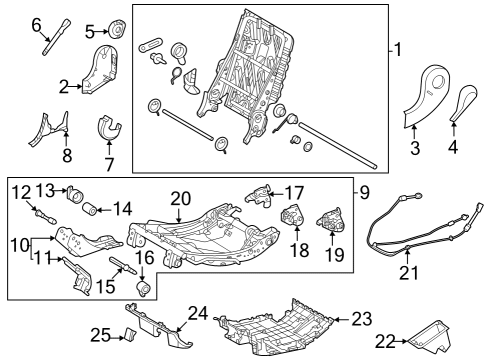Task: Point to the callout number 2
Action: (63, 87)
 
